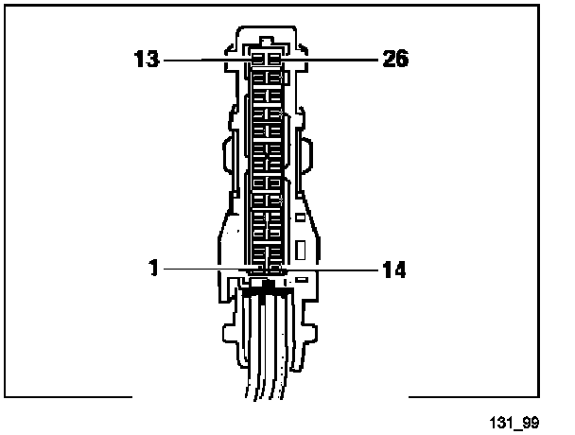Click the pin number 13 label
coord(147,59)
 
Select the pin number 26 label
coord(395,59)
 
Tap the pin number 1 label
coord(153,268)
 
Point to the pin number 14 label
coord(394,270)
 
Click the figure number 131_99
coord(514,423)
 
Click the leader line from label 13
coord(208,60)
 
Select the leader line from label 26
coord(329,60)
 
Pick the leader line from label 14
coord(331,270)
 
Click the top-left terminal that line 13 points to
coord(258,59)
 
